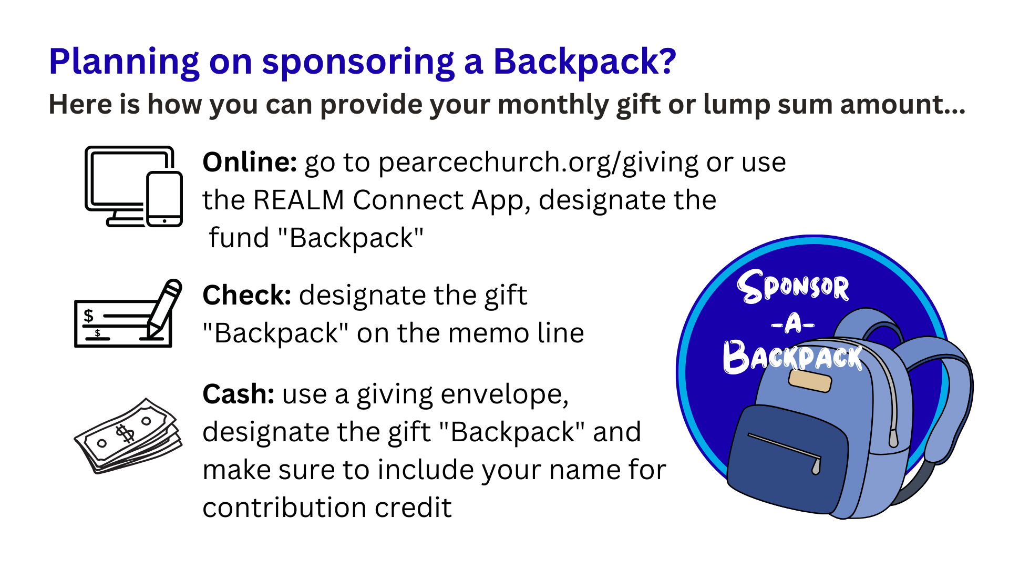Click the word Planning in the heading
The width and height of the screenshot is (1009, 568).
click(x=124, y=62)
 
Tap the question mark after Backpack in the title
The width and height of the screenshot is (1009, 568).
click(x=666, y=61)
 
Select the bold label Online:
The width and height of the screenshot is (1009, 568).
click(x=250, y=162)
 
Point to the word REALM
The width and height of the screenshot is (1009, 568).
click(x=298, y=200)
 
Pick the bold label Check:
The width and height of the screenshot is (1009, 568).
click(x=247, y=295)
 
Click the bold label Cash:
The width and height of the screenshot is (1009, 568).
click(x=239, y=394)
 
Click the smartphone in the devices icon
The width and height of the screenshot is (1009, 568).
click(x=164, y=199)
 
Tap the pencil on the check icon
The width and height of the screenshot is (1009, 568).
click(x=164, y=308)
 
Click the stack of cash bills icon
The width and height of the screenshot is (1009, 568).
click(x=128, y=435)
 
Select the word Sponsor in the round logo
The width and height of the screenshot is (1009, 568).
click(x=793, y=287)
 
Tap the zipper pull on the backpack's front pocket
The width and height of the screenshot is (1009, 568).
click(x=816, y=466)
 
